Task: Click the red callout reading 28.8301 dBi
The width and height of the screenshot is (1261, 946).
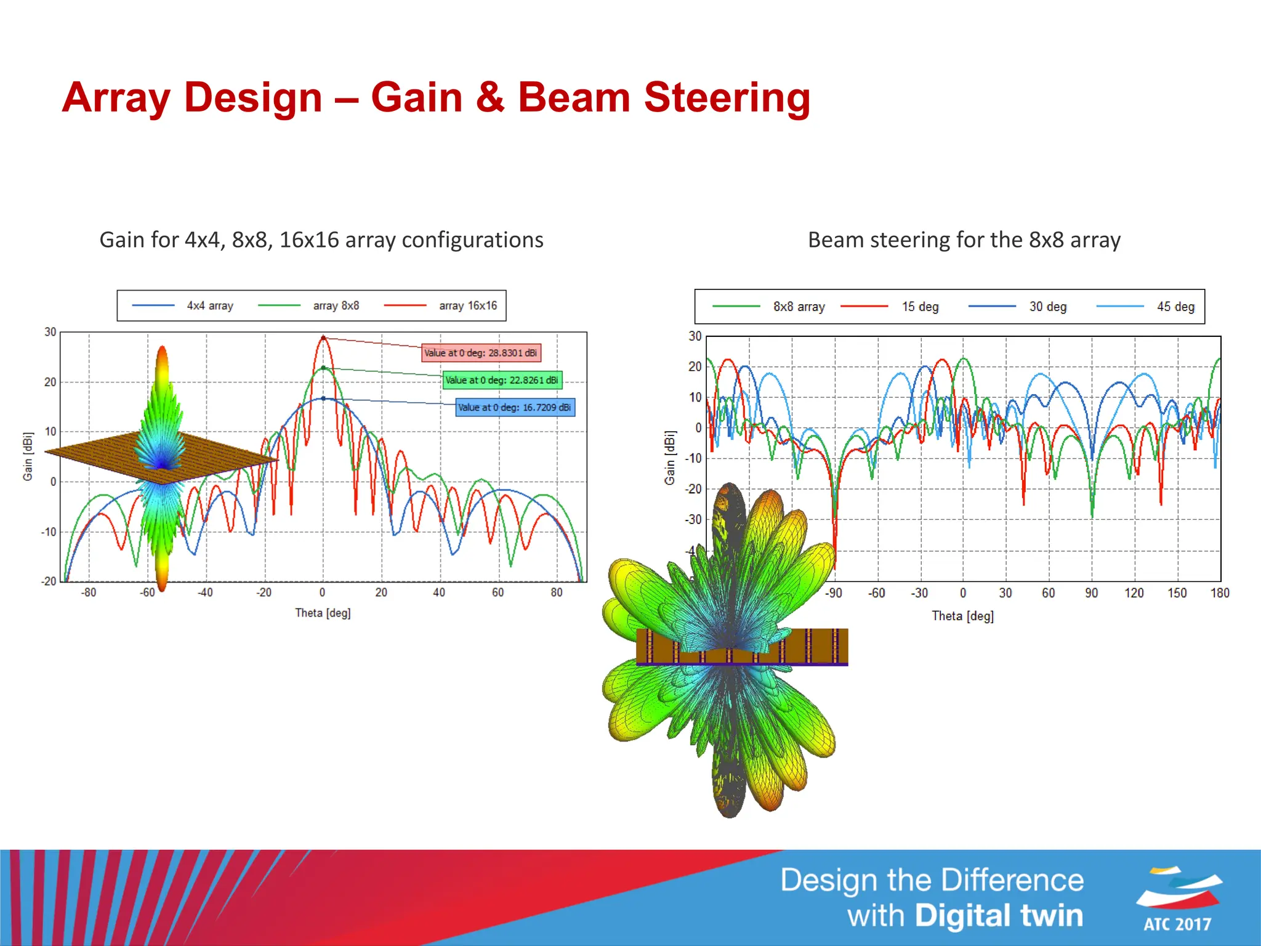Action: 481,353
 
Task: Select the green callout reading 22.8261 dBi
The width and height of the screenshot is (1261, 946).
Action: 502,380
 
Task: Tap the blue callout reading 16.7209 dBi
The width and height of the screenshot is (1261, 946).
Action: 515,407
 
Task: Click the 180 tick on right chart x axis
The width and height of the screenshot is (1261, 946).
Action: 1219,593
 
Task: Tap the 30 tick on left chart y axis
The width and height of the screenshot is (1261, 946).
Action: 50,332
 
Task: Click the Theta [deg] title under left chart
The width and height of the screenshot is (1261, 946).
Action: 323,613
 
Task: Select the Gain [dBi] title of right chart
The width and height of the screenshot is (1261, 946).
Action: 670,458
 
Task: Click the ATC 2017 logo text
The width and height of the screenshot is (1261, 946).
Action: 1177,924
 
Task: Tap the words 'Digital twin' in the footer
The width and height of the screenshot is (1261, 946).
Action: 999,915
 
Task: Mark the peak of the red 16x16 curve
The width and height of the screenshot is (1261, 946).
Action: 323,338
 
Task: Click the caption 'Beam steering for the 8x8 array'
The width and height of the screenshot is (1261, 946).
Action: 964,240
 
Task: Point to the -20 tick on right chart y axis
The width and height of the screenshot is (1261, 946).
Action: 693,489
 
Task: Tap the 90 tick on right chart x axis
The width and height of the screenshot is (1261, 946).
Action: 1091,593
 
